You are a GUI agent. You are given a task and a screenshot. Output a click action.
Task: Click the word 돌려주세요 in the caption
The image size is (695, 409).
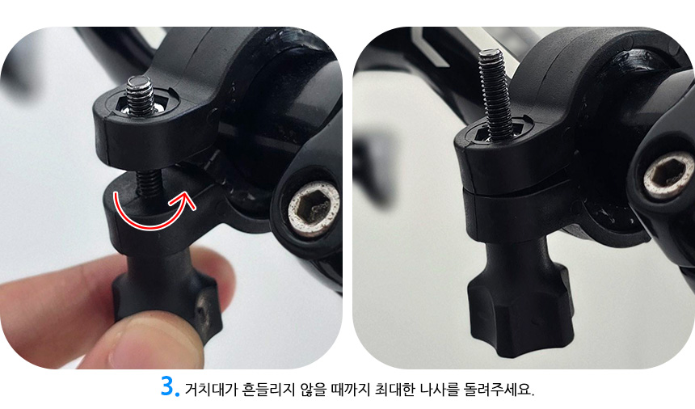(x=498, y=389)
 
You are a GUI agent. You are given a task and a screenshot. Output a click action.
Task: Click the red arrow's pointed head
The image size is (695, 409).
(x=187, y=200)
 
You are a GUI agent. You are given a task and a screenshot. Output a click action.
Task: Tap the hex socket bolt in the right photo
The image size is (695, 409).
(x=669, y=174)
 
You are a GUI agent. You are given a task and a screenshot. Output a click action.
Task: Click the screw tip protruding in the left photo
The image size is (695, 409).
(x=140, y=95)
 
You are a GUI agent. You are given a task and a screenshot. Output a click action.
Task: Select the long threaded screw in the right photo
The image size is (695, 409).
(x=495, y=94)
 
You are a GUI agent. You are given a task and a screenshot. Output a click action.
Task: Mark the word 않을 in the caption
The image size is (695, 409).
(x=313, y=389)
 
